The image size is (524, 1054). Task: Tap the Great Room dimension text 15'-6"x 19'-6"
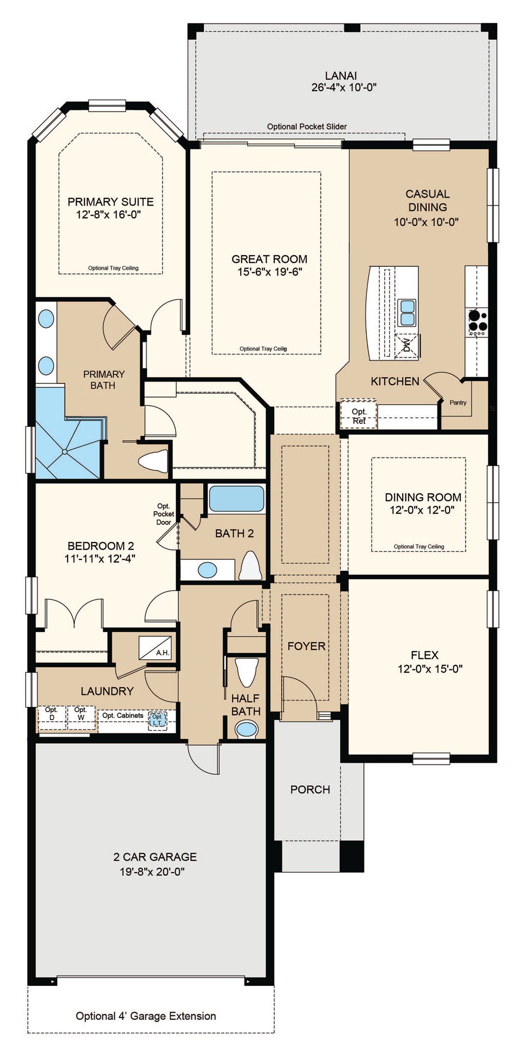pos(269,272)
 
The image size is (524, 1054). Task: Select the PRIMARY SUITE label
pos(110,202)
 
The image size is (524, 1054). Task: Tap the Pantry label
pos(458,403)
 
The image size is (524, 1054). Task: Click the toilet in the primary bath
pos(153,461)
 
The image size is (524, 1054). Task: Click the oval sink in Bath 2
pos(207,569)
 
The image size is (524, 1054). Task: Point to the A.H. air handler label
pos(162,653)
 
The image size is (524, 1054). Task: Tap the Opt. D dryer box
pos(51,716)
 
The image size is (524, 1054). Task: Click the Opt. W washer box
pos(81,716)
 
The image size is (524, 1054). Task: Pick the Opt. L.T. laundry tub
pos(157,719)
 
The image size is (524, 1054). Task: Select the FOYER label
pos(307,646)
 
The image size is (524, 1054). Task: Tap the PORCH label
pos(310,789)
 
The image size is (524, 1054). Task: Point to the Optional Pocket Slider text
pos(307,127)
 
